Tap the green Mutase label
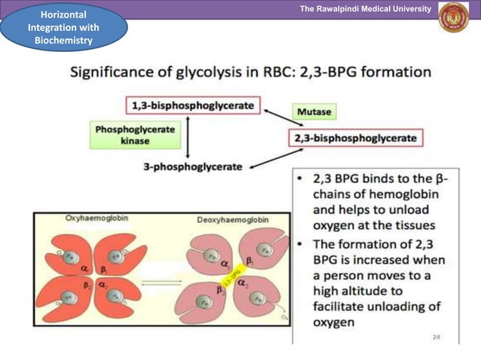coord(314,111)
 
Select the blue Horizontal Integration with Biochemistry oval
coord(63,28)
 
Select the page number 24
coord(436,337)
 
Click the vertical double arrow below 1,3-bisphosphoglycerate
coord(188,136)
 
